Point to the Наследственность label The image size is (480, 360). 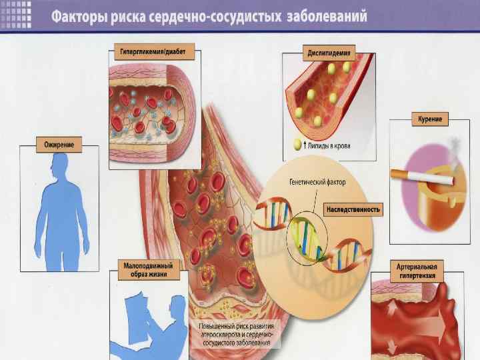353,209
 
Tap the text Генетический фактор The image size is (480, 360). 317,181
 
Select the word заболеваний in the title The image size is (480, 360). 328,17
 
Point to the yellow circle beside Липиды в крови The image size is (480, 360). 297,145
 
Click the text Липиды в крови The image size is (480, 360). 330,145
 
